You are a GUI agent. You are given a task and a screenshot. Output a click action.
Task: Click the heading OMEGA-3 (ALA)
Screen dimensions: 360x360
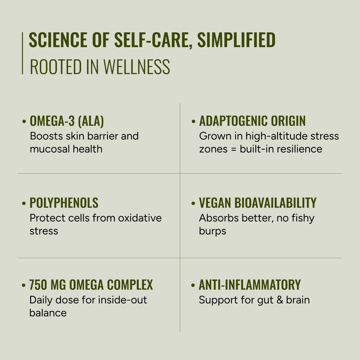click(67, 121)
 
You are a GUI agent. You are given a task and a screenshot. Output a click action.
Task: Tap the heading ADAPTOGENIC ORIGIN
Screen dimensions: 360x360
click(252, 121)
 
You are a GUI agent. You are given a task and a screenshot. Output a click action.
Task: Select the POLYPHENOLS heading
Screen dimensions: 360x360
click(64, 203)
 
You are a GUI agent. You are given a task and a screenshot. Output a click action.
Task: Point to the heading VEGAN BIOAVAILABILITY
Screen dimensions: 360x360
click(258, 203)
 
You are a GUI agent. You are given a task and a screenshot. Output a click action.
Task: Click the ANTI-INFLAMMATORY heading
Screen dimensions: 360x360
click(250, 285)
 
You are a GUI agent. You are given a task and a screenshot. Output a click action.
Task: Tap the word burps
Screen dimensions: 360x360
click(212, 231)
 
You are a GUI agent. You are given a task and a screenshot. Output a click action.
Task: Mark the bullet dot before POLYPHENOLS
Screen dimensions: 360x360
click(24, 204)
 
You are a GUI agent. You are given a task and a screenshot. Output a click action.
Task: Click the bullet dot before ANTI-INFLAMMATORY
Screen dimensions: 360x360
click(193, 286)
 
